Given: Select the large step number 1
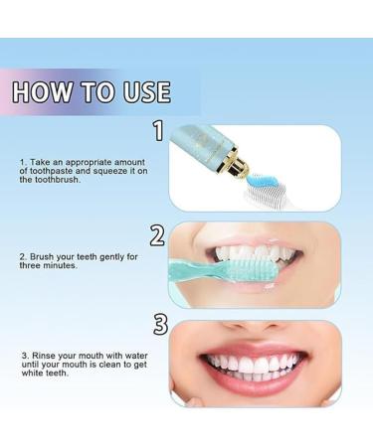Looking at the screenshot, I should click(x=157, y=131).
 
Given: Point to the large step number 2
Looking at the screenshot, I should click(x=157, y=235).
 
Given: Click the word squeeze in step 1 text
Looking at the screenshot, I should click(x=104, y=171).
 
